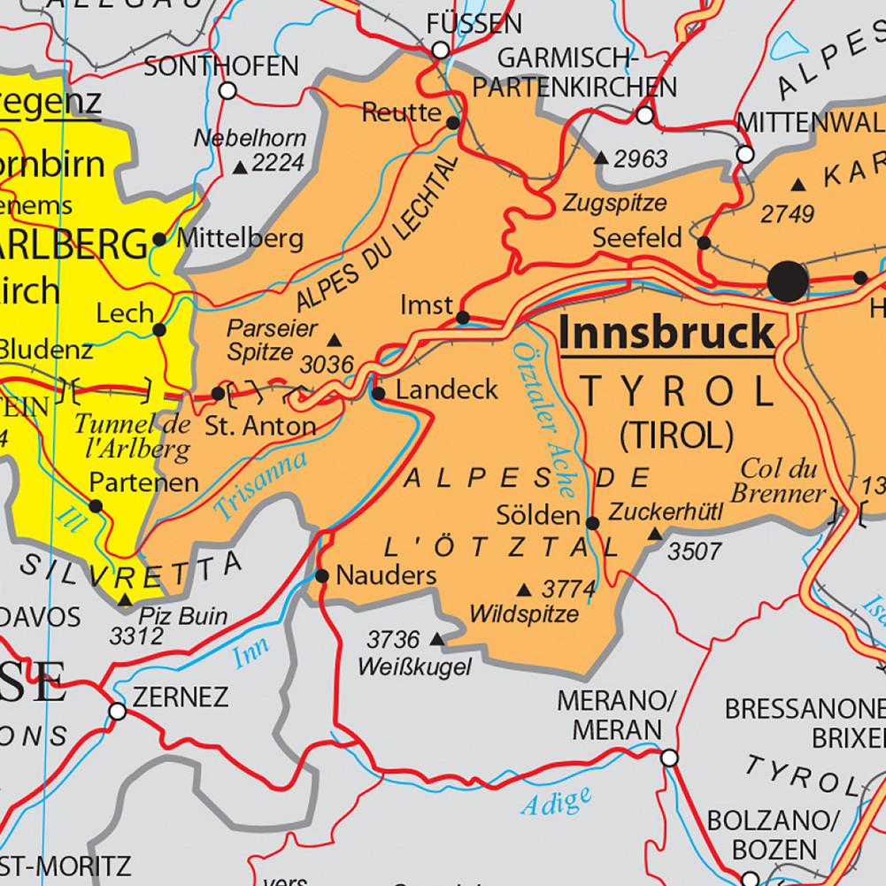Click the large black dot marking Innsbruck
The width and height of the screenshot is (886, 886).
[788, 281]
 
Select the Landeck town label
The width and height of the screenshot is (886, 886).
[447, 390]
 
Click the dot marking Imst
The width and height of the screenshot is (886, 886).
[463, 317]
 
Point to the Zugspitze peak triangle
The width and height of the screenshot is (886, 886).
[601, 158]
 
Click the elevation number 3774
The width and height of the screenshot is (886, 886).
[566, 588]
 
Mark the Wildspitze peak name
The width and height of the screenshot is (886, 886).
[525, 613]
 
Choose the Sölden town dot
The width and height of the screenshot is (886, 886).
[593, 523]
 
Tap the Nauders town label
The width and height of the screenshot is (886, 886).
[388, 576]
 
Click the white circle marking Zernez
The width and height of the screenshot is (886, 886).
[117, 711]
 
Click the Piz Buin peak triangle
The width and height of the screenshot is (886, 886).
[126, 601]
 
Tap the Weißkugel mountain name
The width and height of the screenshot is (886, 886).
[414, 666]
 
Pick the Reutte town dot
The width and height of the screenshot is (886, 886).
[453, 123]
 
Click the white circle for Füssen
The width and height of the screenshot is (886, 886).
[441, 51]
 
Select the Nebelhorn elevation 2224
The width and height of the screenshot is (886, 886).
[277, 163]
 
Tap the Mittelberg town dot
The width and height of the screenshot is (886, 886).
[159, 239]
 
